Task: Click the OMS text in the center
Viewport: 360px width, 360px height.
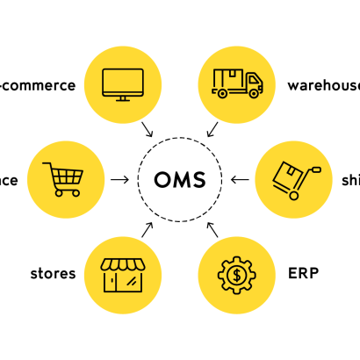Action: [179, 180]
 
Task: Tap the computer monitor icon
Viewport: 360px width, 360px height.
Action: [123, 83]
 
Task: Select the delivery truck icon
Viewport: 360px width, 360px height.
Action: [236, 83]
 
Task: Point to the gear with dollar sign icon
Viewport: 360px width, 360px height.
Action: [236, 275]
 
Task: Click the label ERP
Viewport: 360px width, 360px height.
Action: [303, 273]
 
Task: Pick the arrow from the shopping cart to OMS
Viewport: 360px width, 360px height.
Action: [120, 180]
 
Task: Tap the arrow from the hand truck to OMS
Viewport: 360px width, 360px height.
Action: [240, 180]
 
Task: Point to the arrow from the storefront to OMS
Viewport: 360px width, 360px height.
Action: [148, 230]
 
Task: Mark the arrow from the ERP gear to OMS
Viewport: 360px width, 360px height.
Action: [212, 230]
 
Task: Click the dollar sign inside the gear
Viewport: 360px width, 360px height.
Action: [236, 275]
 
